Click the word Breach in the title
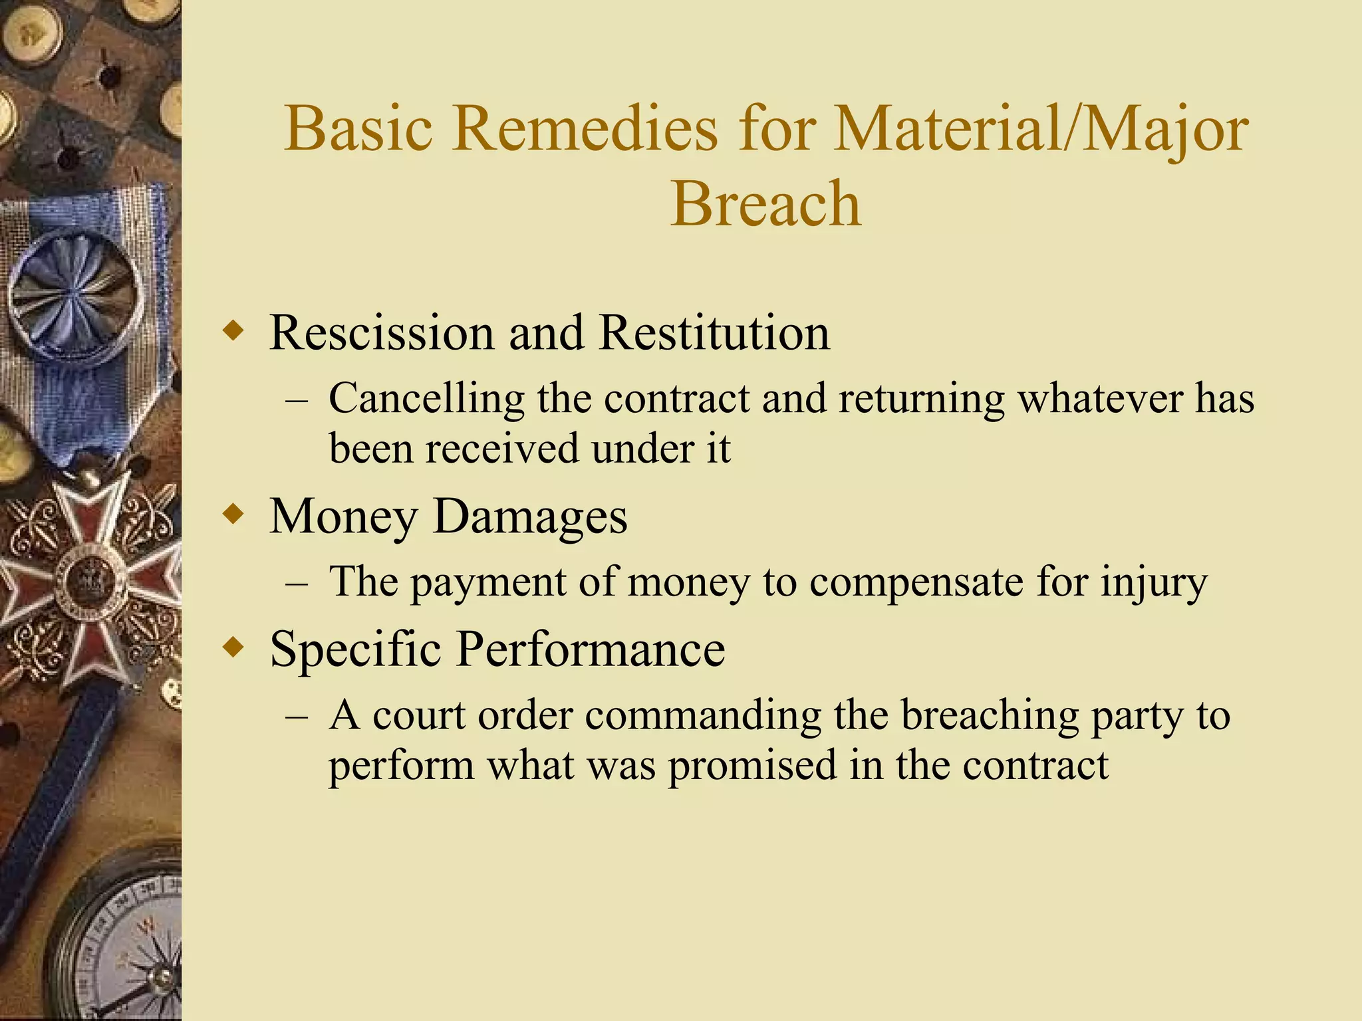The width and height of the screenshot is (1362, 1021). click(765, 203)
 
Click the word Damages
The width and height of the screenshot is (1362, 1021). click(530, 516)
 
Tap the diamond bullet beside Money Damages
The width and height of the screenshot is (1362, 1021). click(233, 514)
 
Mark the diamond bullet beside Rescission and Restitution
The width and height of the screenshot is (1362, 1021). click(233, 330)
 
